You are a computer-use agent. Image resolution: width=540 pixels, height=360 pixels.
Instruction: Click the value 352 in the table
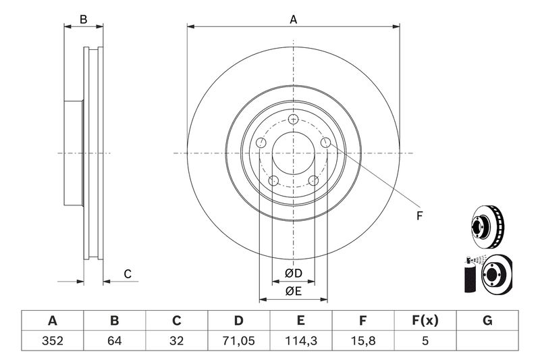pyautogui.click(x=53, y=340)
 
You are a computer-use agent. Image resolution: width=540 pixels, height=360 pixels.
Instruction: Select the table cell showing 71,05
pyautogui.click(x=239, y=340)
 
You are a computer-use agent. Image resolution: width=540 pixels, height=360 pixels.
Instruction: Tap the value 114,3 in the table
pyautogui.click(x=300, y=340)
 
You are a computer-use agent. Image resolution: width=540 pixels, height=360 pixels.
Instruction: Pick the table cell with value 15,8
pyautogui.click(x=363, y=340)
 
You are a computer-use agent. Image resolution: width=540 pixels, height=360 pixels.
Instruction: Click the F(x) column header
pyautogui.click(x=425, y=321)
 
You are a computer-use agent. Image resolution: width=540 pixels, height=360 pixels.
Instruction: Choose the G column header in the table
pyautogui.click(x=487, y=321)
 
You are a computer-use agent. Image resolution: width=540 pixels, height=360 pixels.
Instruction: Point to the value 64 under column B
pyautogui.click(x=114, y=340)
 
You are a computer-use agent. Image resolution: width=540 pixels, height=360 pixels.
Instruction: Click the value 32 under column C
pyautogui.click(x=176, y=340)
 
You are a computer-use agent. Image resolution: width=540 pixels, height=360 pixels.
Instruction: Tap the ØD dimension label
pyautogui.click(x=294, y=273)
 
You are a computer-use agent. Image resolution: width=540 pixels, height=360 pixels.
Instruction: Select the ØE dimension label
pyautogui.click(x=294, y=292)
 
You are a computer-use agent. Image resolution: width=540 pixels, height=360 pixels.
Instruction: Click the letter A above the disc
pyautogui.click(x=293, y=20)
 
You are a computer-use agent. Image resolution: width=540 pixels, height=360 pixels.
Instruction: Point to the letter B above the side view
pyautogui.click(x=83, y=20)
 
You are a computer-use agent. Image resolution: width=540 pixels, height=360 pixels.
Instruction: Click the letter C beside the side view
pyautogui.click(x=128, y=274)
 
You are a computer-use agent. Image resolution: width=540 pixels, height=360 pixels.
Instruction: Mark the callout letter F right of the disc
pyautogui.click(x=419, y=216)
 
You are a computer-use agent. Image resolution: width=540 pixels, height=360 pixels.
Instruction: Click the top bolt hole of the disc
pyautogui.click(x=293, y=119)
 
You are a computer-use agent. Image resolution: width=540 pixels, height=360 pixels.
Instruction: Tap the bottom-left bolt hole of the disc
pyautogui.click(x=273, y=180)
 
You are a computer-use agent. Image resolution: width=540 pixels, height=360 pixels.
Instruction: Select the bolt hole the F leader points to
pyautogui.click(x=325, y=143)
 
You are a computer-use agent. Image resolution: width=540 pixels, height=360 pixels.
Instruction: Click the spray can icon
pyautogui.click(x=470, y=276)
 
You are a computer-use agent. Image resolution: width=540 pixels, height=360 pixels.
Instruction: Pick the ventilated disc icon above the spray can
pyautogui.click(x=487, y=227)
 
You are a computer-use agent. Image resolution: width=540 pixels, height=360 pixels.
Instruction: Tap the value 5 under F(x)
pyautogui.click(x=425, y=340)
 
